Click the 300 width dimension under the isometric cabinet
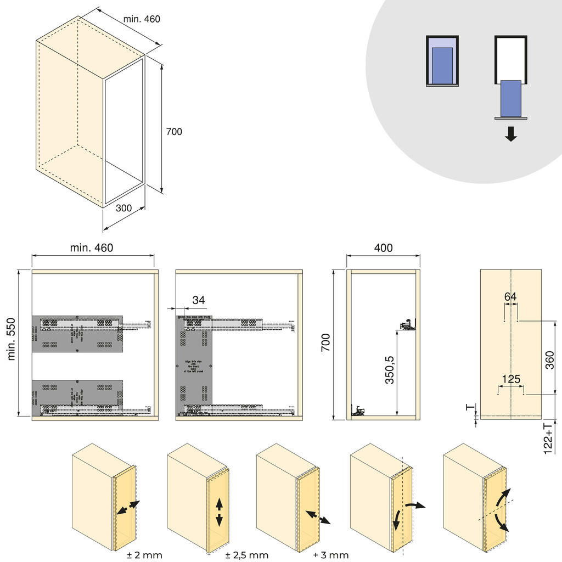point(124,208)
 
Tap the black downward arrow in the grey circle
point(511,134)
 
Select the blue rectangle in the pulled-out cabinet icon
point(511,98)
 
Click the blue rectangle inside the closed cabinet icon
point(442,65)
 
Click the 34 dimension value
point(199,300)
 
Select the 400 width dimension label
point(383,248)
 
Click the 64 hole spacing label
point(510,296)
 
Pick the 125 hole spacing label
point(510,379)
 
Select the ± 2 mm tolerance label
point(144,555)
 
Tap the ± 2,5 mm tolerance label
point(247,555)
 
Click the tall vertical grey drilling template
point(194,365)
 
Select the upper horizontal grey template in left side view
point(77,333)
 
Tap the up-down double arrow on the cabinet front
point(220,512)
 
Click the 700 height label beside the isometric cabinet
point(174,132)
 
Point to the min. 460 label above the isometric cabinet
point(142,19)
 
